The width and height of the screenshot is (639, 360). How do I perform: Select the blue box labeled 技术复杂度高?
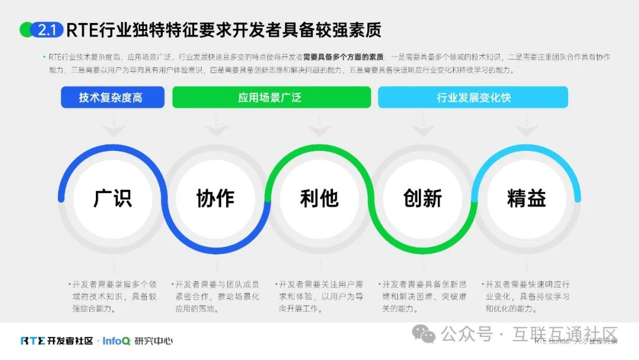112,97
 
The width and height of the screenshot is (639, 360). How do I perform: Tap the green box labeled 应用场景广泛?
271,97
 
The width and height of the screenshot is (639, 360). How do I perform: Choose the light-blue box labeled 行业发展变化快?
473,97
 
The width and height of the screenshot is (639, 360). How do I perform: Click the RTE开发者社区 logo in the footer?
57,341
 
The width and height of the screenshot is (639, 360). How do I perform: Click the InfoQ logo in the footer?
116,341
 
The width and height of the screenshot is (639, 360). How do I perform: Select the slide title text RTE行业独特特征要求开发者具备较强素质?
224,30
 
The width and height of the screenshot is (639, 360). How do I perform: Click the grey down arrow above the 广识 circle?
112,128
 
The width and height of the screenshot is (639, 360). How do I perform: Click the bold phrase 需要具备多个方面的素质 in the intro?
343,57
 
